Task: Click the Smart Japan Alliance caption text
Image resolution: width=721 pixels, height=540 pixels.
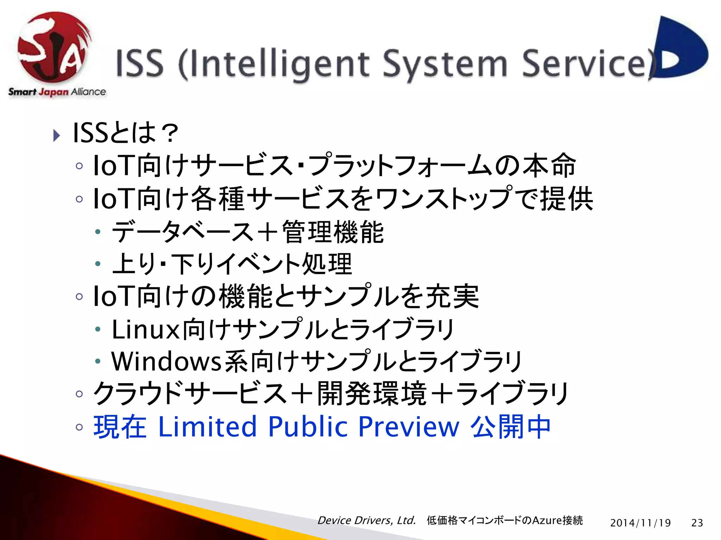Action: click(x=57, y=92)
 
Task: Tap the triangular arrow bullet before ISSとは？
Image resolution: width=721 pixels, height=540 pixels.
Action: click(x=57, y=135)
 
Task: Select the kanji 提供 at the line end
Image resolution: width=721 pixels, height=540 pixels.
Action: click(x=566, y=199)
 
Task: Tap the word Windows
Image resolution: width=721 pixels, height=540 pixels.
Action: click(x=166, y=361)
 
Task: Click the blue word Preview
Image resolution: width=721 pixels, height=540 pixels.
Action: click(x=409, y=426)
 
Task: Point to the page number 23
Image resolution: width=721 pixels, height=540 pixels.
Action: click(x=697, y=523)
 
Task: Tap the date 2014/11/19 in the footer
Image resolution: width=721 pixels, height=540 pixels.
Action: click(x=640, y=523)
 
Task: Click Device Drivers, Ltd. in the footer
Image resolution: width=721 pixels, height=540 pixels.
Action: click(x=366, y=520)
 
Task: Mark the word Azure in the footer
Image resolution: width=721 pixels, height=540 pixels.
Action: click(x=547, y=520)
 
